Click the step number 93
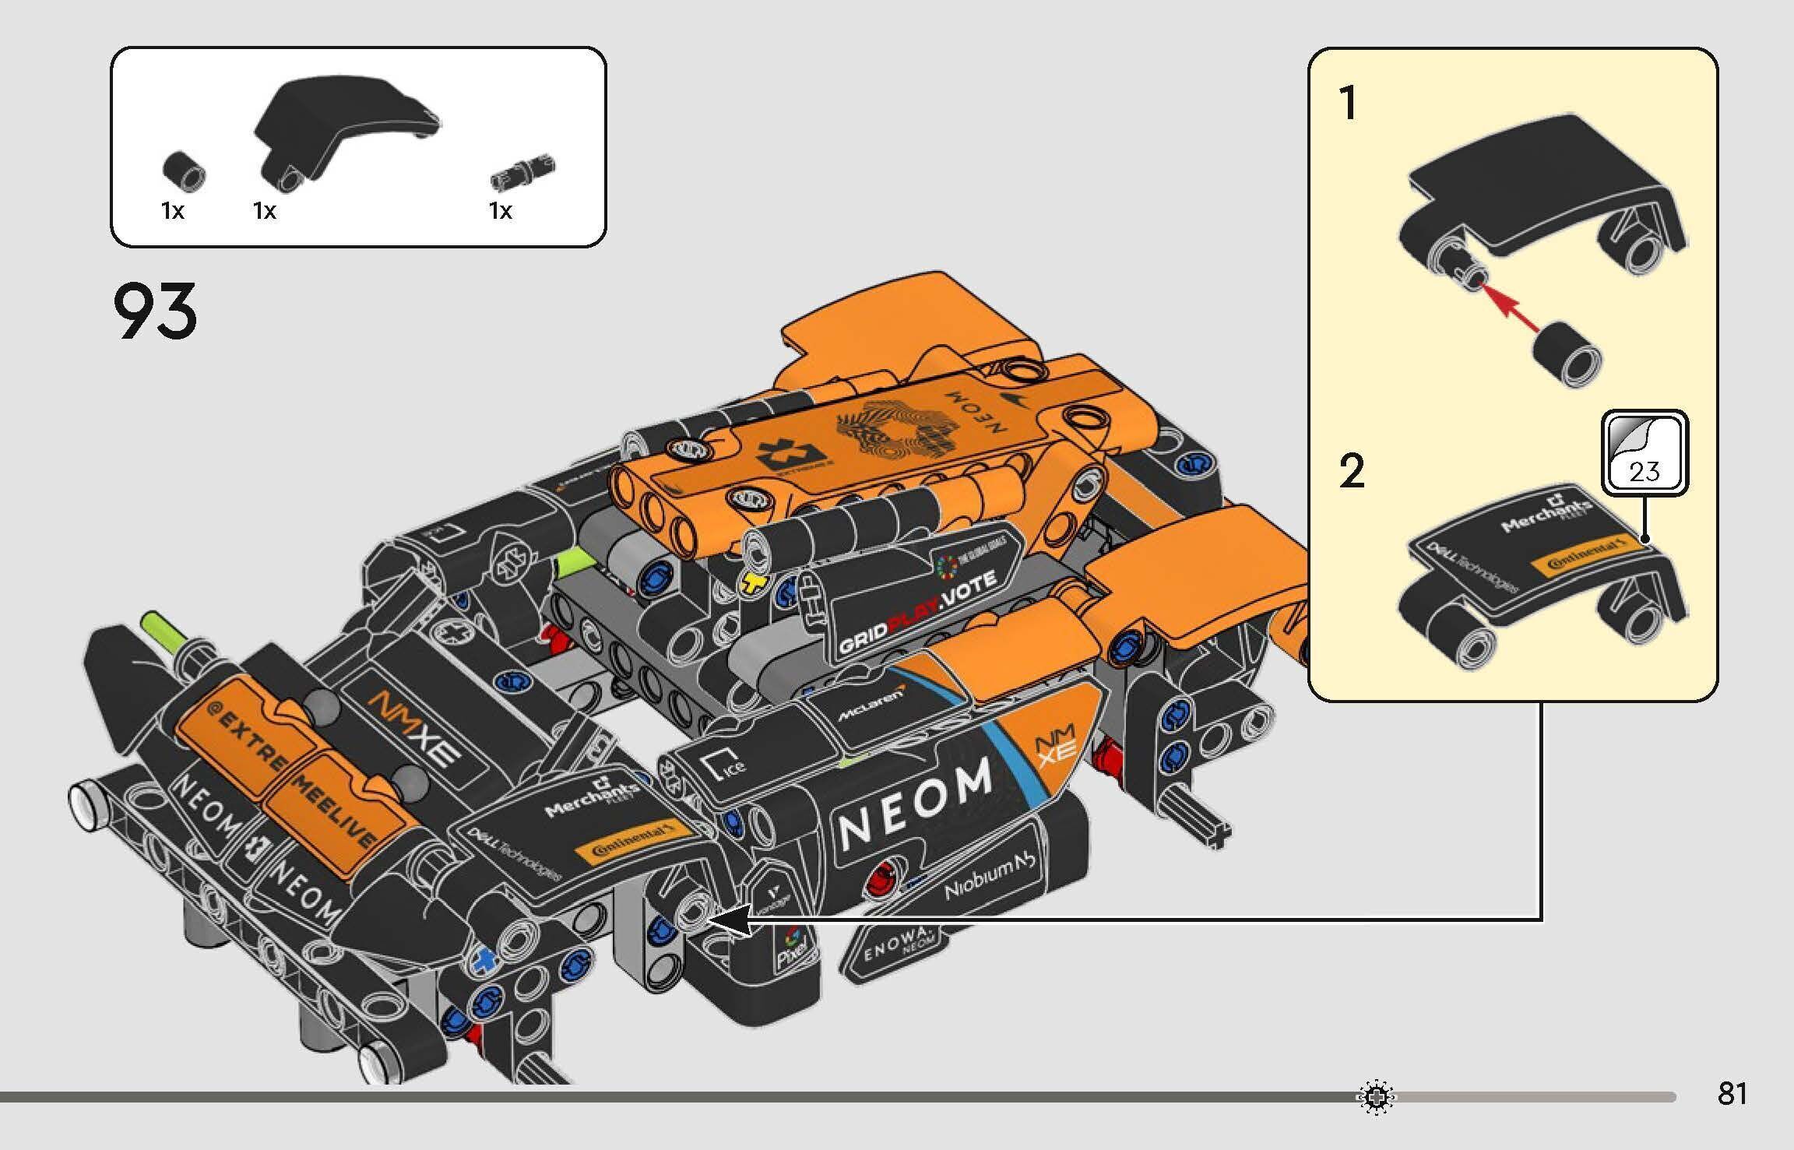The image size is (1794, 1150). [155, 312]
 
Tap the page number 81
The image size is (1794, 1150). [1732, 1094]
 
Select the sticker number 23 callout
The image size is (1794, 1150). [1644, 455]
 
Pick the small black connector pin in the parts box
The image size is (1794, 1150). [523, 173]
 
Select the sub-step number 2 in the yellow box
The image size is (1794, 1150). [1353, 472]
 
